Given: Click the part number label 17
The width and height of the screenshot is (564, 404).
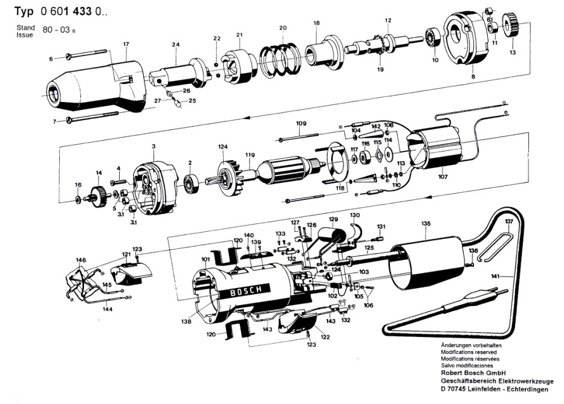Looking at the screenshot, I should click(126, 45).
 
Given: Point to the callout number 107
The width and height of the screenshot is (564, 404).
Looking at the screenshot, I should click(443, 177).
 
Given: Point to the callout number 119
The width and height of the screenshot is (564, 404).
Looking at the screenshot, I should click(248, 155).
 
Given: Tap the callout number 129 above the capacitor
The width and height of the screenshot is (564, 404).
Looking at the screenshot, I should click(333, 218).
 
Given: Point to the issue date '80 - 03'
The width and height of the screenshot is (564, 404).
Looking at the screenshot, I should click(56, 28).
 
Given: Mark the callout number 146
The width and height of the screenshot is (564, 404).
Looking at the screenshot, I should click(81, 260).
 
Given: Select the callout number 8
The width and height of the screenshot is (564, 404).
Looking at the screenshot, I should click(473, 77).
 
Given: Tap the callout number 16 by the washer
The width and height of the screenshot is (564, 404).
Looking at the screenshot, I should click(78, 184).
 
